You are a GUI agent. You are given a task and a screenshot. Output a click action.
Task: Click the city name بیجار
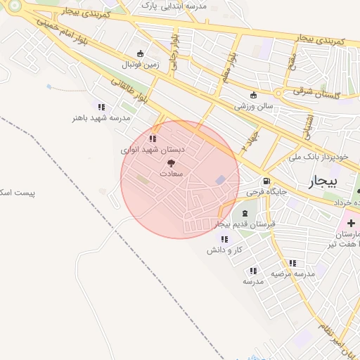point(323,181)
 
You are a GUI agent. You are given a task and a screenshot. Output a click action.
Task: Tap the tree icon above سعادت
point(172,163)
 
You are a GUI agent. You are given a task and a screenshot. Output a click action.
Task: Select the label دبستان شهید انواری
point(153,150)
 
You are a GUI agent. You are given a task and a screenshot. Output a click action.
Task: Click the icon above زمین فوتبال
point(140,53)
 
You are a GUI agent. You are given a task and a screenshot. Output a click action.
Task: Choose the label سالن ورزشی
point(253,106)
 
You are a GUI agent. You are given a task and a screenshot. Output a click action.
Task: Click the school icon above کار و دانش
point(224,239)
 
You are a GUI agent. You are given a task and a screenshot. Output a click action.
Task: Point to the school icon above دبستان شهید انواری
point(153,139)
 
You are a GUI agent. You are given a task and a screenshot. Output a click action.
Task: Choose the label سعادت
point(172,173)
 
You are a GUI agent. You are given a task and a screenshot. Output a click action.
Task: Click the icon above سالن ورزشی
point(253,96)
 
